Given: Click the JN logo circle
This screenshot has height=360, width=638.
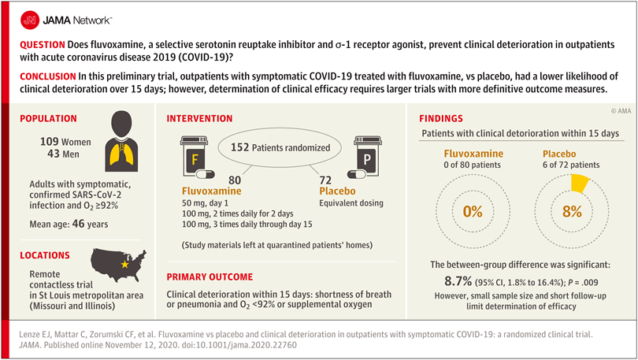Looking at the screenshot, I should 29,17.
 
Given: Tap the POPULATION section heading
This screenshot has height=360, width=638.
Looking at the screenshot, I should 47,119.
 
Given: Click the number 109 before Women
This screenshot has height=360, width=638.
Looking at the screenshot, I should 51,141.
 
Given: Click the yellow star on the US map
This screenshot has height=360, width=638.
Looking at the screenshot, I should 125,266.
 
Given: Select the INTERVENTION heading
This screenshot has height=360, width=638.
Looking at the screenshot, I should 199,119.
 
